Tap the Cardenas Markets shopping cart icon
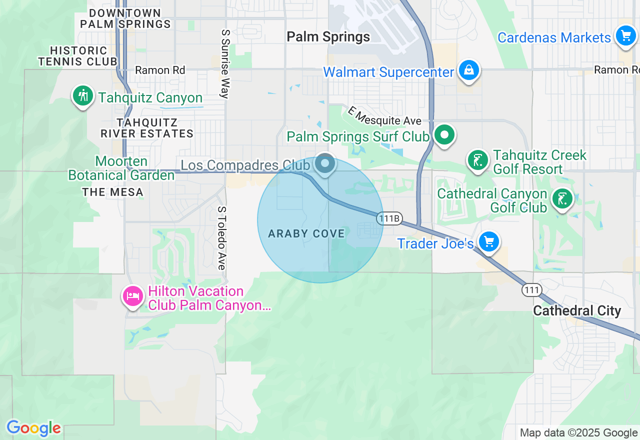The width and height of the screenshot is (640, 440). click(625, 36)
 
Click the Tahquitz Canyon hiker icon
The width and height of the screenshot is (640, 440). click(83, 95)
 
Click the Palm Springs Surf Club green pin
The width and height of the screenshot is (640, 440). click(444, 134)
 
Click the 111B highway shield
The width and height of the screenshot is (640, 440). click(389, 218)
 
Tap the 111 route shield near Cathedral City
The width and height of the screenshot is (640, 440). click(531, 289)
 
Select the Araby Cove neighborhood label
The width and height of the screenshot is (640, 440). click(306, 233)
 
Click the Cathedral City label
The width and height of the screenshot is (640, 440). click(577, 310)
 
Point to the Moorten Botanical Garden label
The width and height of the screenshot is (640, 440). click(121, 168)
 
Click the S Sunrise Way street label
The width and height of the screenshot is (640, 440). click(225, 63)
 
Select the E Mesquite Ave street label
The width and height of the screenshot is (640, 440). click(385, 116)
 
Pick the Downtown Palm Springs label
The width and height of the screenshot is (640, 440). click(125, 18)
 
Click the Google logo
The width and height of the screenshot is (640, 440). click(33, 428)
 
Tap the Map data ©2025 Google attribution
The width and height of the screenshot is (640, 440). click(578, 433)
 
